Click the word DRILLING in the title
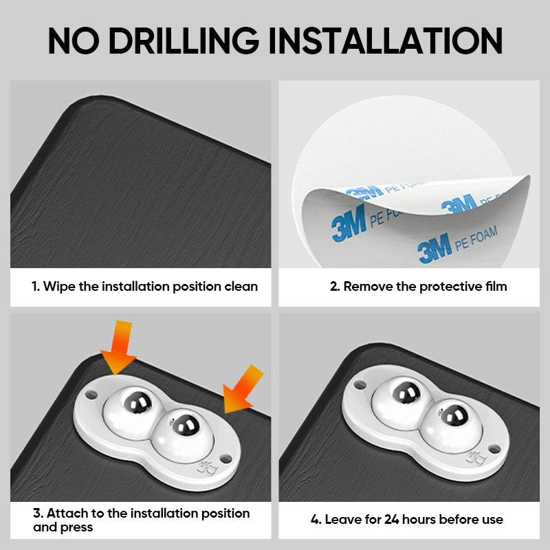point(184,41)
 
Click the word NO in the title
point(74,41)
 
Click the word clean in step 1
point(241,287)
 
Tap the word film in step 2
point(496,286)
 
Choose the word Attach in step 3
point(67,513)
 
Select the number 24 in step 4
point(392,519)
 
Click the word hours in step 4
point(419,519)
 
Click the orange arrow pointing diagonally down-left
point(243,389)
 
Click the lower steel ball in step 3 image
point(184,426)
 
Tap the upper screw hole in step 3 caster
point(91,395)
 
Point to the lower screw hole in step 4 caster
point(495,448)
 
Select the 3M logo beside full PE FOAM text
point(434,248)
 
